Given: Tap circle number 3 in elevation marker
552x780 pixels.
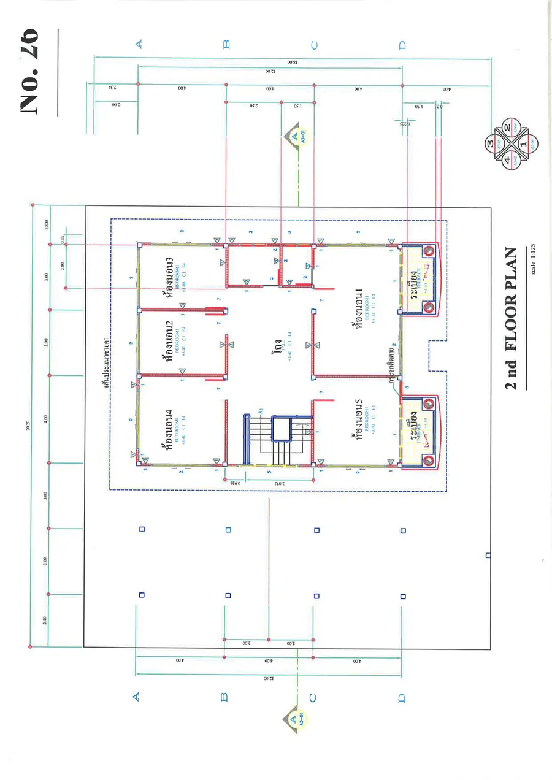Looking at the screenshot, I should (x=491, y=143).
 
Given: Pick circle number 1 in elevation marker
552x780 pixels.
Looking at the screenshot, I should (x=523, y=143).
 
